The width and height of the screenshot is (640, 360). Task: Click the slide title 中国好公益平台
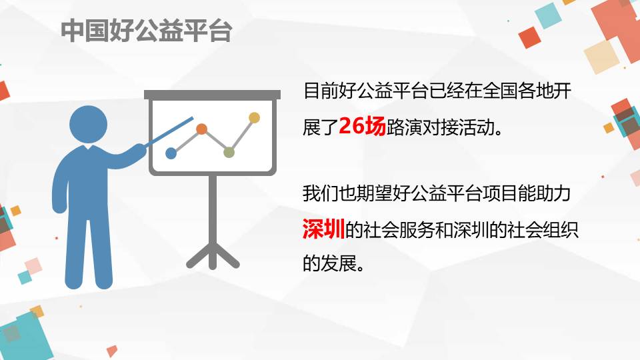tap(147, 31)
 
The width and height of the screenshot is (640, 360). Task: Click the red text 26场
tap(362, 126)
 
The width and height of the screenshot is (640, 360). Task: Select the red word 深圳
tap(323, 229)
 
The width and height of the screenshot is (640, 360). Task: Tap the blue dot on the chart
tap(171, 153)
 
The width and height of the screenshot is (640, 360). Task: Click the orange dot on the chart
tap(201, 129)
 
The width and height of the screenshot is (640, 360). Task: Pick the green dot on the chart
tap(229, 153)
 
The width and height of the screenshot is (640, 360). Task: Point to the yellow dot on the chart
tap(254, 118)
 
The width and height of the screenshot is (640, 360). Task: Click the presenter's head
tap(88, 125)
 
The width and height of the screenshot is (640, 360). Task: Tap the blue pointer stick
tap(169, 131)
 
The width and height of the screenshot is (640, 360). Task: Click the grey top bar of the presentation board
tap(212, 95)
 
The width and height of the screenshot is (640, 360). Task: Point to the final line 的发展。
tap(333, 263)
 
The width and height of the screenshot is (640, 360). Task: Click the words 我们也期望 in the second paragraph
tap(347, 193)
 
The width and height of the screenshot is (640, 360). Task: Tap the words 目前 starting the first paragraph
tap(321, 91)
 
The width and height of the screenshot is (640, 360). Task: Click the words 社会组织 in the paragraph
tap(543, 230)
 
